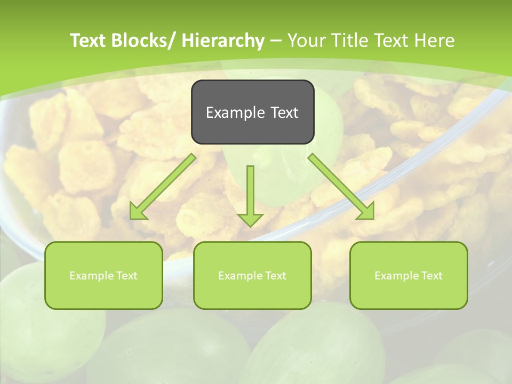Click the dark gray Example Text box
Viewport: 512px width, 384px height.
point(252,112)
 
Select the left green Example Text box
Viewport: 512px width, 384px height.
point(103,275)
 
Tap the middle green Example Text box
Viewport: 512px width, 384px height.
point(252,275)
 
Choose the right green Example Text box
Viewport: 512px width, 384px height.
point(409,275)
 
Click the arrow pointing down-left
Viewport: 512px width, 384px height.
point(163,187)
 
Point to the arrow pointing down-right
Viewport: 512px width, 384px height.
point(341,187)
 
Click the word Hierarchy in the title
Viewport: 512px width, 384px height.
point(223,41)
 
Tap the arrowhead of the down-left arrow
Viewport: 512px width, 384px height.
point(137,212)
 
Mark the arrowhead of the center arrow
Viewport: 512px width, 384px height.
point(250,219)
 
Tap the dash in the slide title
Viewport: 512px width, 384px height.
point(276,41)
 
